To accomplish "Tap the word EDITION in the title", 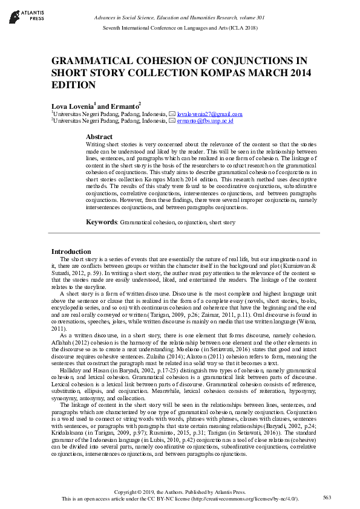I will click(x=73, y=85).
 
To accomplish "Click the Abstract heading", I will click(x=99, y=137).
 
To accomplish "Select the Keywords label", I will click(x=101, y=222).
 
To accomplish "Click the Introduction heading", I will click(x=71, y=251).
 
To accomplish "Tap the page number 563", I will click(x=327, y=497).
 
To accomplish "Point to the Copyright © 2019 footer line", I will click(x=180, y=491).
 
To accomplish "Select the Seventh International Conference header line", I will click(x=180, y=28).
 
